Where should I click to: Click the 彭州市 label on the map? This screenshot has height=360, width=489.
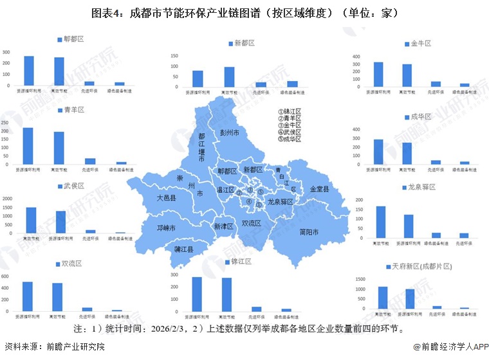tap(229, 132)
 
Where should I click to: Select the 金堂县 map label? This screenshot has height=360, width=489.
tap(319, 190)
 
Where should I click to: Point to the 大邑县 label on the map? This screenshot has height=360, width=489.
tap(167, 199)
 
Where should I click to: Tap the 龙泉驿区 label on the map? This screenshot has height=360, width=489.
tap(281, 201)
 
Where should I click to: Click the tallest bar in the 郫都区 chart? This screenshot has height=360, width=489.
tap(29, 71)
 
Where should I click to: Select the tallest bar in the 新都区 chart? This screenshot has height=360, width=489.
tap(229, 76)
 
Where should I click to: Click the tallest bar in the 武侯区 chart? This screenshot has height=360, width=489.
tap(31, 220)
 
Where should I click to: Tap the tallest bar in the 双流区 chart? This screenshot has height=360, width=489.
tap(28, 296)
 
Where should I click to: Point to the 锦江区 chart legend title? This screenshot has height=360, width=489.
tap(240, 262)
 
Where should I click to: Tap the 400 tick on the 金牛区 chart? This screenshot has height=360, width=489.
tap(356, 57)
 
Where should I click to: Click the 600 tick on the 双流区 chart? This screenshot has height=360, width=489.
tap(5, 277)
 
